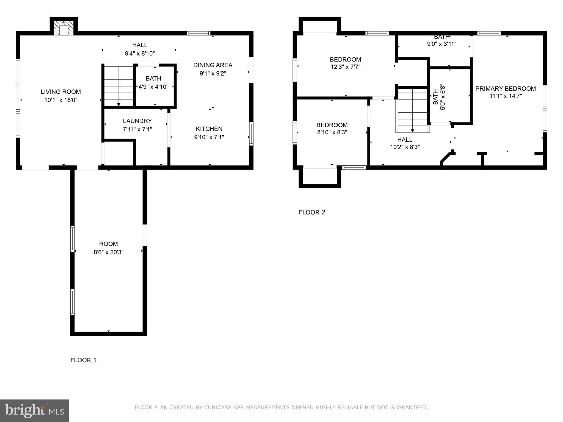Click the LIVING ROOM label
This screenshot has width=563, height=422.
coord(61,92)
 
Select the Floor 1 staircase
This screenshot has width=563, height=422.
coord(118,85)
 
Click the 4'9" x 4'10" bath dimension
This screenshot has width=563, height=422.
coord(153,87)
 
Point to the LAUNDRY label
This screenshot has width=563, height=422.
coord(137,121)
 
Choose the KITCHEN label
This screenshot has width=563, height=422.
coord(209,129)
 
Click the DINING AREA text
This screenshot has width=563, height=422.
coord(213,65)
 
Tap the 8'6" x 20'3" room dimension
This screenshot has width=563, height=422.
coord(109,252)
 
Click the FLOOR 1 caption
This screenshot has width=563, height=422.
coord(84,360)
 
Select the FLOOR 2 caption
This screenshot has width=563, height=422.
coord(312,212)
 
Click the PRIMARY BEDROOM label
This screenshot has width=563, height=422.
coord(506,89)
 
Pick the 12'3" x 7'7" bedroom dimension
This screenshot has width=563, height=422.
coord(345,67)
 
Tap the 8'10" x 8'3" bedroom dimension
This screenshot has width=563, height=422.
coord(332,132)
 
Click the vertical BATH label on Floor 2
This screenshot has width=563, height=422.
coord(435,97)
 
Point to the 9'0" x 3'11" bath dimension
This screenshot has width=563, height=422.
coord(442,44)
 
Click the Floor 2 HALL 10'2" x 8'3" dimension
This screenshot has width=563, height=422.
coord(405,147)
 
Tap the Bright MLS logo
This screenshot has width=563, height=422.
coord(34,410)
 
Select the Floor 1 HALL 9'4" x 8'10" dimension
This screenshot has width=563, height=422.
coord(140,53)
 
